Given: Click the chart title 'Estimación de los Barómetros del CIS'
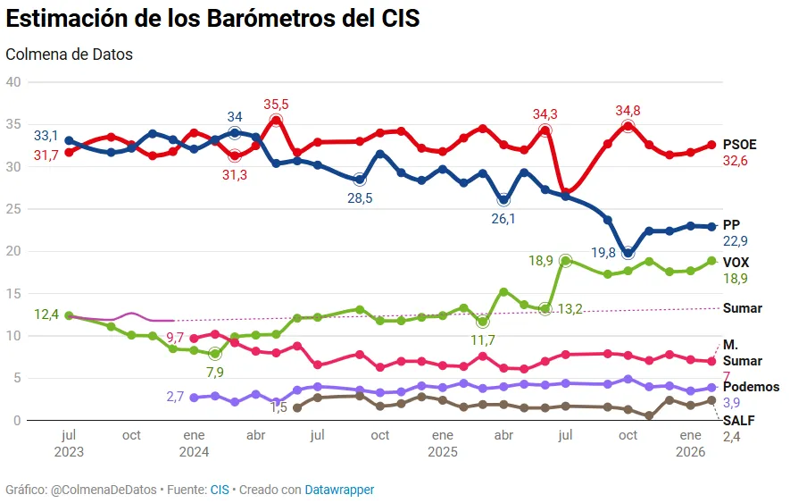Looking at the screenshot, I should (x=212, y=19).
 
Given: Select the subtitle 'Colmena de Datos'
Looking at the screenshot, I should (x=69, y=54).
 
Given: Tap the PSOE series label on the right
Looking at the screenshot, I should (x=740, y=145).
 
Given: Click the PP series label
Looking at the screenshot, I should (x=731, y=225).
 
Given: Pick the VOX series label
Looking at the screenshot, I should (x=736, y=263).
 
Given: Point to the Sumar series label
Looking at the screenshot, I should (x=742, y=308).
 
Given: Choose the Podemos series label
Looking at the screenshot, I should (x=751, y=387).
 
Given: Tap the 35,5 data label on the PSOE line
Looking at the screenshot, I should (x=276, y=105).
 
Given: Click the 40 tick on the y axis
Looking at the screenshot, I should (x=12, y=82).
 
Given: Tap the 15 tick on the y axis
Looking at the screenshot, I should (x=12, y=293).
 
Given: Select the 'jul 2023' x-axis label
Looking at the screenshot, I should (x=69, y=443).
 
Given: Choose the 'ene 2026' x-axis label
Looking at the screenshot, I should (x=690, y=443).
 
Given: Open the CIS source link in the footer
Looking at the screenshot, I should (x=220, y=490).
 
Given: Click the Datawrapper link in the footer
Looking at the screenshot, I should (x=339, y=490).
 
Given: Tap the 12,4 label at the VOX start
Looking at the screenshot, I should (x=46, y=314).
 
